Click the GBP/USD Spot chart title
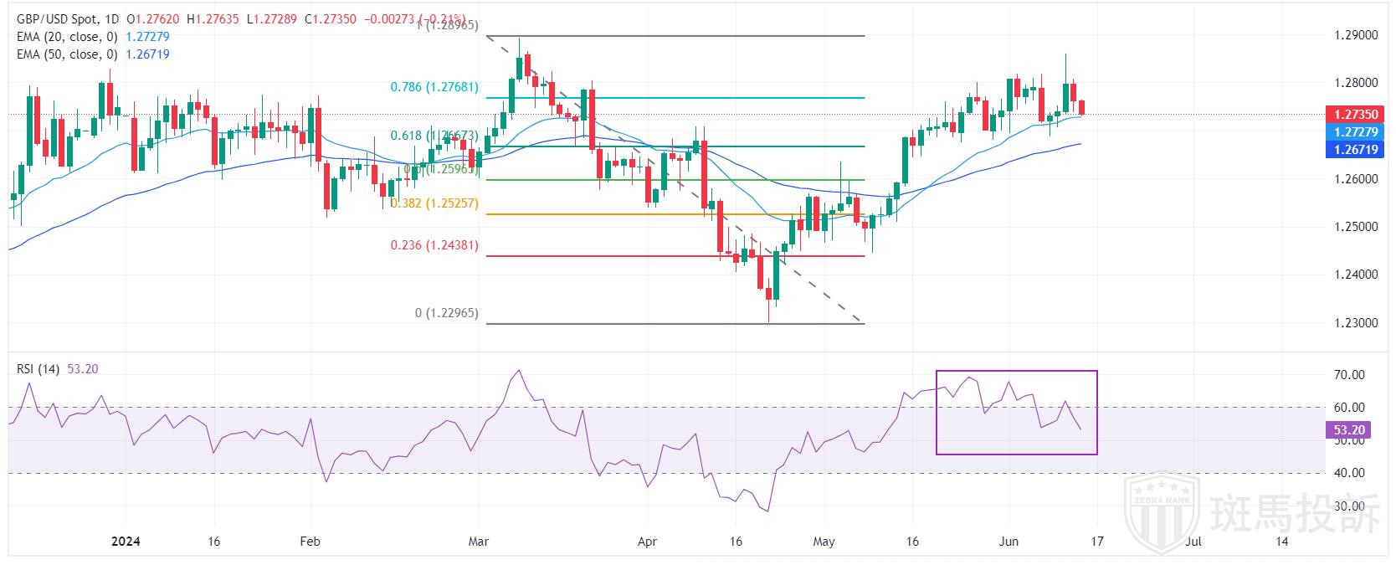(54, 18)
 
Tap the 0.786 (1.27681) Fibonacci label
(434, 87)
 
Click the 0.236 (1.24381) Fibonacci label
(434, 246)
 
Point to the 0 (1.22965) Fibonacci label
(446, 313)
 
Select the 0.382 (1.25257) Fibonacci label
(434, 203)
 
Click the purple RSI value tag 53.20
(1349, 430)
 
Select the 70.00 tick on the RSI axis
(1349, 375)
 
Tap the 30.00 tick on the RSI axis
(1349, 506)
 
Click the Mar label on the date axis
(478, 542)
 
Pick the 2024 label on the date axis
(126, 542)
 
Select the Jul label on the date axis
(1193, 542)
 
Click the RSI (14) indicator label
(38, 369)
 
